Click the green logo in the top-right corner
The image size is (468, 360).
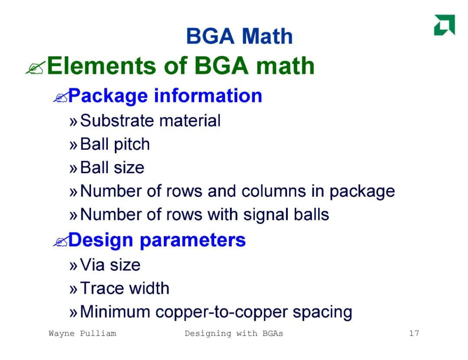(445, 25)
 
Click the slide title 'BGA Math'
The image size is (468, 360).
(239, 36)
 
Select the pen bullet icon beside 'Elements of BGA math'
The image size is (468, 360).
(36, 68)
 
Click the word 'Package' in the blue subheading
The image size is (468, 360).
(108, 96)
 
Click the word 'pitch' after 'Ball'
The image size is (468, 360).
(132, 145)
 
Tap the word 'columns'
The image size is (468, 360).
(274, 191)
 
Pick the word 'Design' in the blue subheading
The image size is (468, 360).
(101, 240)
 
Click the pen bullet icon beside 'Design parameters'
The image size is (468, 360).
(61, 241)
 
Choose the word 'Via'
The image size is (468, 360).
(92, 265)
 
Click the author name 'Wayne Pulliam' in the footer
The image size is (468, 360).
(82, 334)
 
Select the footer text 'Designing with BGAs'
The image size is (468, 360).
(234, 334)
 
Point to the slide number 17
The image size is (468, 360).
(414, 333)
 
